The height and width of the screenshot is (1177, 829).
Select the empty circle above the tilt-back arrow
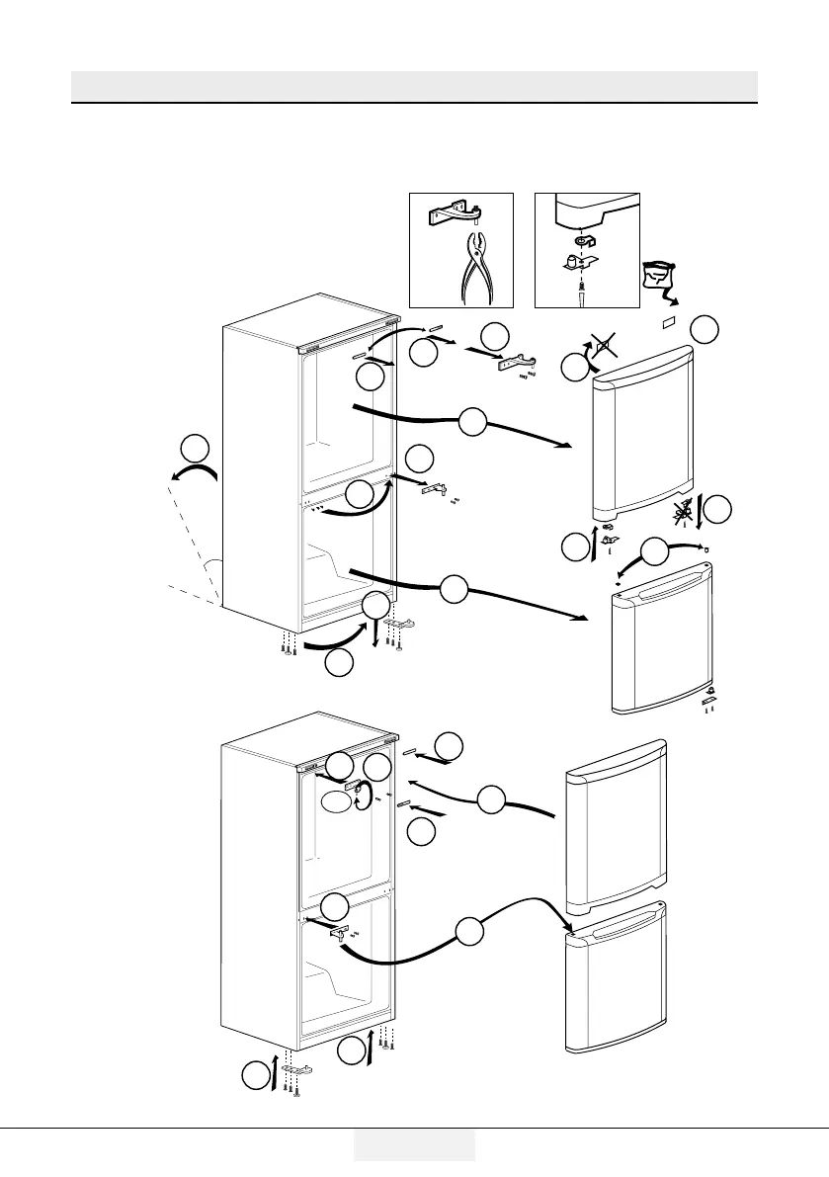(x=195, y=448)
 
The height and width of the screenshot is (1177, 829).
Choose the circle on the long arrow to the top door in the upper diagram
(x=472, y=423)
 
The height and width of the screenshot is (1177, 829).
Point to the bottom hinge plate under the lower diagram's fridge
(x=296, y=1069)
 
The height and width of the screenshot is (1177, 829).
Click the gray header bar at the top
(x=414, y=85)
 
